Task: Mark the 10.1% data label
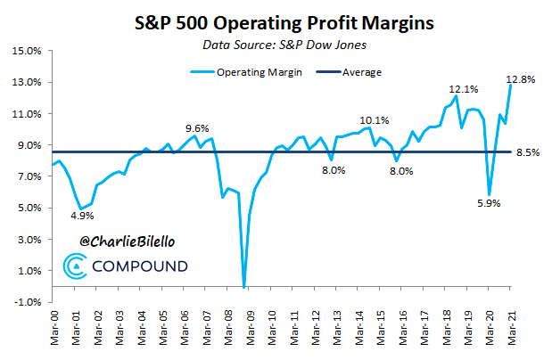(375, 120)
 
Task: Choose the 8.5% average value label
(529, 152)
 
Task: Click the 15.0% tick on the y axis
(27, 51)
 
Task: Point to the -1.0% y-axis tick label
(27, 302)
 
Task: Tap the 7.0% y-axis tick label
(28, 176)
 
